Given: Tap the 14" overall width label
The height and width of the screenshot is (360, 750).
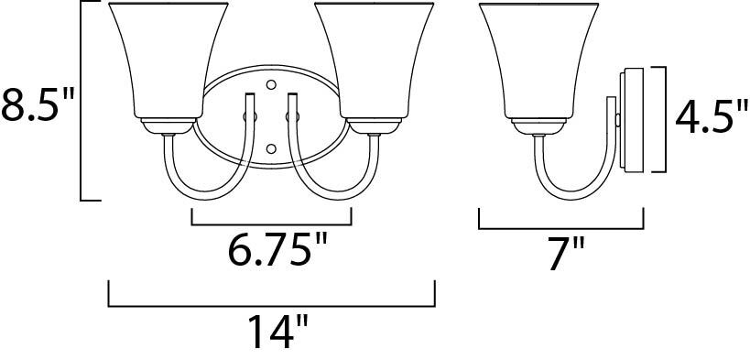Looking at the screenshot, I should coord(272,331).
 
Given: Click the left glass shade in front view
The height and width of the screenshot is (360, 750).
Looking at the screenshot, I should coord(168,60).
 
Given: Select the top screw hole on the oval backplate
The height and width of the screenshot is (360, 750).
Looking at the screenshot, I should coord(271,85).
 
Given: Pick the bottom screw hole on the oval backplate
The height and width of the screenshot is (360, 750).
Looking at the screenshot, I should coord(271,147).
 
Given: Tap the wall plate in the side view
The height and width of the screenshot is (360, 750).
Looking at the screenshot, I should coord(631,119).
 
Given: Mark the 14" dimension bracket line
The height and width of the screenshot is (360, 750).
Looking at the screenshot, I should coord(272,304).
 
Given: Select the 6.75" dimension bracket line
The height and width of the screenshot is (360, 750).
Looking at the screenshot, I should coord(271,223).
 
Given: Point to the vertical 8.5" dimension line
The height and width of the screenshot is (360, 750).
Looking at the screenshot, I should coord(83,101).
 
